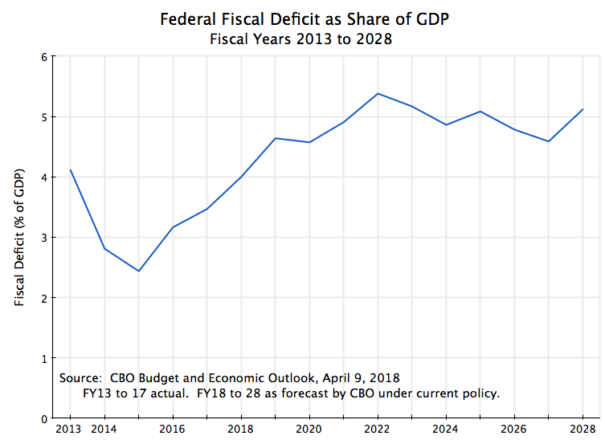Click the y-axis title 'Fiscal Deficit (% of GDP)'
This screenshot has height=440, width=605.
(x=19, y=237)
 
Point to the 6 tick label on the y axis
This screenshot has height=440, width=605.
(x=44, y=56)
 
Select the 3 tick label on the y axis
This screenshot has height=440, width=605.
(x=44, y=238)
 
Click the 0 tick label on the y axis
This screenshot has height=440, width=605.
(x=44, y=418)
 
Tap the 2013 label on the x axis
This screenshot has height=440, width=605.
(x=70, y=429)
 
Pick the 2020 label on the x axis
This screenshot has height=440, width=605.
(x=309, y=429)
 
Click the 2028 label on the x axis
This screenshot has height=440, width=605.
(x=583, y=429)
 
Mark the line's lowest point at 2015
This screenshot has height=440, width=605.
(x=138, y=271)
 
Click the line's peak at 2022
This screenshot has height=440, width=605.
(x=378, y=93)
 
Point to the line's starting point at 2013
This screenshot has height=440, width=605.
(x=70, y=169)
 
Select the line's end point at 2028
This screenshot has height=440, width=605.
(x=583, y=109)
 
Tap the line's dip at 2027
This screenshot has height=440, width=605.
(x=549, y=141)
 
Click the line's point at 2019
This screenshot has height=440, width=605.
(x=275, y=138)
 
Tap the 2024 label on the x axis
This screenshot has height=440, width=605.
(x=446, y=429)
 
